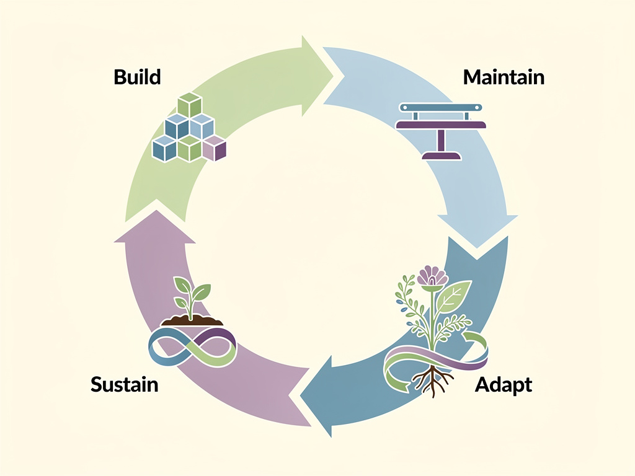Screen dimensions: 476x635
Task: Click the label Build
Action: coord(137,77)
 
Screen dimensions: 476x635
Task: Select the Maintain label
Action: coord(504,77)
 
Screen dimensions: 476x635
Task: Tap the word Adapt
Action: coord(503,384)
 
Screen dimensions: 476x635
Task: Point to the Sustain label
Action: coord(124,384)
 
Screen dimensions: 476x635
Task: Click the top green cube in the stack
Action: coord(190,106)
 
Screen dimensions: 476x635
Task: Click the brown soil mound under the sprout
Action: coord(192,320)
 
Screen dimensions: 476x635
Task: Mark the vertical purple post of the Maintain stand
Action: coord(441,140)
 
